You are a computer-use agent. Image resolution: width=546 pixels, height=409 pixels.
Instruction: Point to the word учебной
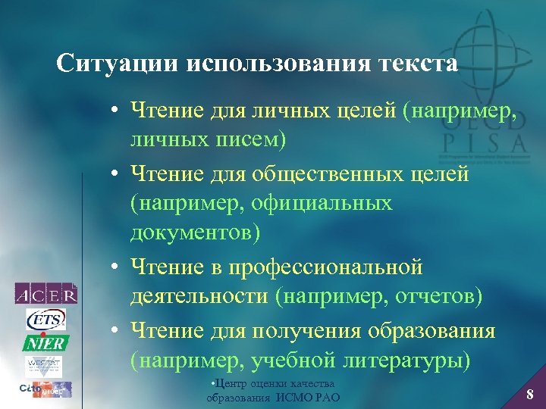tap(298, 359)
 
